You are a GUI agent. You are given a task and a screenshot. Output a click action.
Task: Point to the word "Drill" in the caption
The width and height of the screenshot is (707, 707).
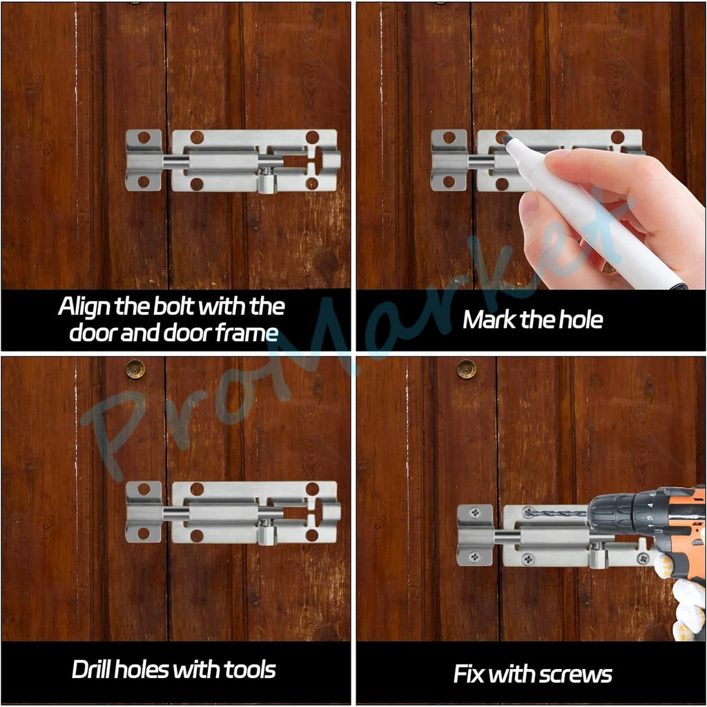point(91,669)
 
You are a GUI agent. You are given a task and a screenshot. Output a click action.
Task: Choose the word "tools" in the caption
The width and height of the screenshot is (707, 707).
point(250,669)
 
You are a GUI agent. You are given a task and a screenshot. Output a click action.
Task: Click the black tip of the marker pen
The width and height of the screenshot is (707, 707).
point(506,139)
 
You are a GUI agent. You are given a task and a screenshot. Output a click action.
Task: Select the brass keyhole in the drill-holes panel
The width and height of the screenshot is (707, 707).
point(135,369)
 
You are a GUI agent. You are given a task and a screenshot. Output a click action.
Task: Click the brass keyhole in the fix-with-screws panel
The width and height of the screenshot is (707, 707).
point(467,369)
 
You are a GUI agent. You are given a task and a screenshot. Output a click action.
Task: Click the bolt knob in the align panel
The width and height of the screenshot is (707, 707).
point(266,181)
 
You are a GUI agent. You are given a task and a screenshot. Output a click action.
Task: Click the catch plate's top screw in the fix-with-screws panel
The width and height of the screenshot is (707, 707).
point(475,512)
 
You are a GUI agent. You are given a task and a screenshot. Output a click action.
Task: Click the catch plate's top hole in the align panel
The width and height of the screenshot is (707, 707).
point(144,137)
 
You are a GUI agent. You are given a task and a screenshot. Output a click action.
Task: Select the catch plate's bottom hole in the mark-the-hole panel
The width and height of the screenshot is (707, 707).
point(449,182)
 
